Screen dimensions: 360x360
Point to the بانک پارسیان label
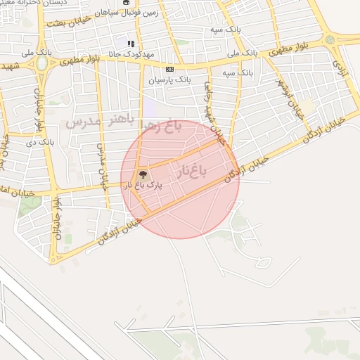pos(169,79)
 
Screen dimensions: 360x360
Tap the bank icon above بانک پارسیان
pos(169,69)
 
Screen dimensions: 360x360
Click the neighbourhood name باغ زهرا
pos(162,127)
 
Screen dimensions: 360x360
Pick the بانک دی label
pos(39,142)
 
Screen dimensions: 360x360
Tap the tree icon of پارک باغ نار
pos(143,173)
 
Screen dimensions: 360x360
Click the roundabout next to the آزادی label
pos(330,40)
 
